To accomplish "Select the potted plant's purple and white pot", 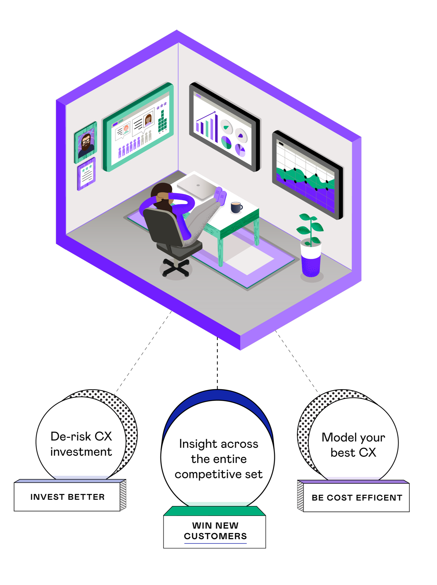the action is coord(311,260).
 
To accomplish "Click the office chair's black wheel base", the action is coord(176,267).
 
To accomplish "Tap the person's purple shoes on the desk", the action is coord(221,194).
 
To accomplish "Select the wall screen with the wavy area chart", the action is coord(307,175).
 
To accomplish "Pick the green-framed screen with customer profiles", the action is coord(138,127).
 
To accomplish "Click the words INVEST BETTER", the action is coord(68,497).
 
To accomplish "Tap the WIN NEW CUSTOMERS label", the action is coord(215,530).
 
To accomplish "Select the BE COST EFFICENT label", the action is coord(357,498).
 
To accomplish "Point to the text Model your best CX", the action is coord(353,445).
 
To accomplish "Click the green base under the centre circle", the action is coord(214,511).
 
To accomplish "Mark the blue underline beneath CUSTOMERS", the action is coord(215,543).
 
